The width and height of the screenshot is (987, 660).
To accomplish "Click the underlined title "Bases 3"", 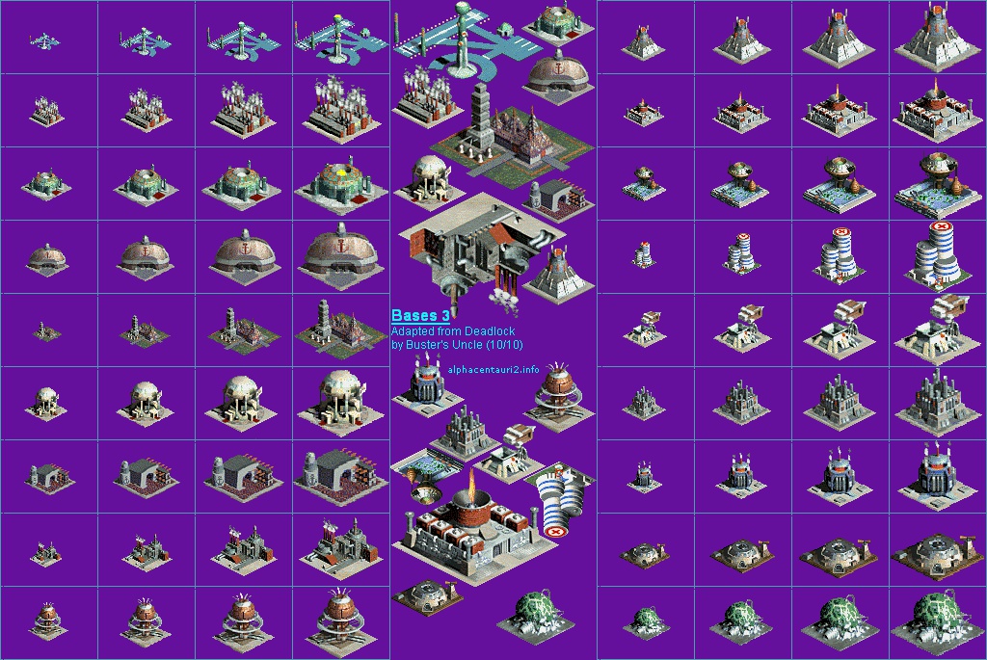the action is tap(420, 315).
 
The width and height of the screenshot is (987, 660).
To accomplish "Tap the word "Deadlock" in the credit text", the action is tap(489, 330).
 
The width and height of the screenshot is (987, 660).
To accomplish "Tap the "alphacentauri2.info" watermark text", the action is tap(493, 369).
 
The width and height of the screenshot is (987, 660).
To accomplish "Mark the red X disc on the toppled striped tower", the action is tap(555, 532).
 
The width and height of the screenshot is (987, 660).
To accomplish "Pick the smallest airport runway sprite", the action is tap(44, 41).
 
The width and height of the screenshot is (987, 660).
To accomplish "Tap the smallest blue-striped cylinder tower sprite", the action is tap(643, 254).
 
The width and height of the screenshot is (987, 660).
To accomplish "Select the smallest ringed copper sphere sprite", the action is tap(46, 619).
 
